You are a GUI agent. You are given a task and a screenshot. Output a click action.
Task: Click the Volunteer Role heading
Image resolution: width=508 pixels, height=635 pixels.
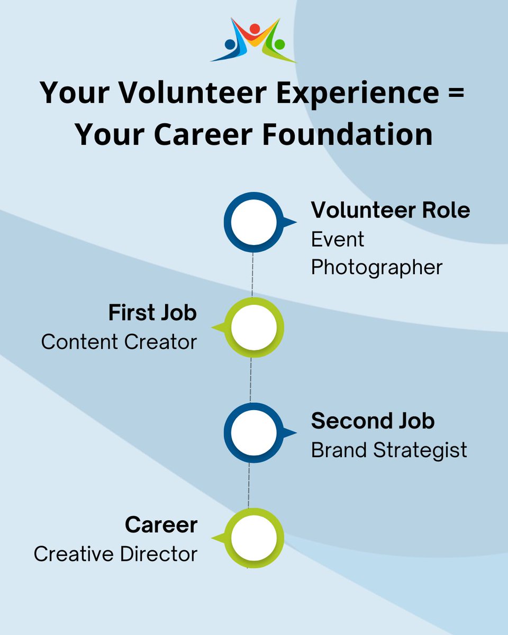pyautogui.click(x=390, y=210)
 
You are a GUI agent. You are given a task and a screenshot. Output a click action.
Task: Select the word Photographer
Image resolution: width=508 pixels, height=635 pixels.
pyautogui.click(x=376, y=267)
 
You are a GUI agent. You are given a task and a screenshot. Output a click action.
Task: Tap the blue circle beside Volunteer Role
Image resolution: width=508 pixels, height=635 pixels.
pyautogui.click(x=253, y=222)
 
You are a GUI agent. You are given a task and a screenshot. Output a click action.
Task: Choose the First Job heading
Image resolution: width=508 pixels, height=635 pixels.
pyautogui.click(x=152, y=313)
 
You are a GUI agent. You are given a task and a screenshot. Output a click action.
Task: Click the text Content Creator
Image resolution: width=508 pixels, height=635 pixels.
pyautogui.click(x=119, y=342)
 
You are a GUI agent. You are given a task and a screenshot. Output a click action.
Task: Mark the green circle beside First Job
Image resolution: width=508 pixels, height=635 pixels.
pyautogui.click(x=253, y=328)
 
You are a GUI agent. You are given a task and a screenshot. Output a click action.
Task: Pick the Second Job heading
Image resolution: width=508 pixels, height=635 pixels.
pyautogui.click(x=373, y=421)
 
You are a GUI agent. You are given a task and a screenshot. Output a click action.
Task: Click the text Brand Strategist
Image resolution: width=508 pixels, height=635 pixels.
pyautogui.click(x=389, y=450)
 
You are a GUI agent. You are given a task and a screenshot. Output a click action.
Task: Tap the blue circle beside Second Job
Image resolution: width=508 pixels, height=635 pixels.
pyautogui.click(x=253, y=433)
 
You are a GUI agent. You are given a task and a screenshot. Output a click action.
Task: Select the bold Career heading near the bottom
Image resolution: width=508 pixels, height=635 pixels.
pyautogui.click(x=161, y=525)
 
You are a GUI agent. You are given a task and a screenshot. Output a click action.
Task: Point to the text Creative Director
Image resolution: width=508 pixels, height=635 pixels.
pyautogui.click(x=115, y=554)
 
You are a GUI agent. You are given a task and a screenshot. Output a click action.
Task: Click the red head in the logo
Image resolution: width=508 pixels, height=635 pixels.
pyautogui.click(x=255, y=28)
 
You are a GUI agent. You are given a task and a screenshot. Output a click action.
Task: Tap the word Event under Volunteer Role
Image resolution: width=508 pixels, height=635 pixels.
pyautogui.click(x=337, y=239)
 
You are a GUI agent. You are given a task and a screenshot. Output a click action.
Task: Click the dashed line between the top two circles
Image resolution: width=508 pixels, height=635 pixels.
pyautogui.click(x=252, y=275)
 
